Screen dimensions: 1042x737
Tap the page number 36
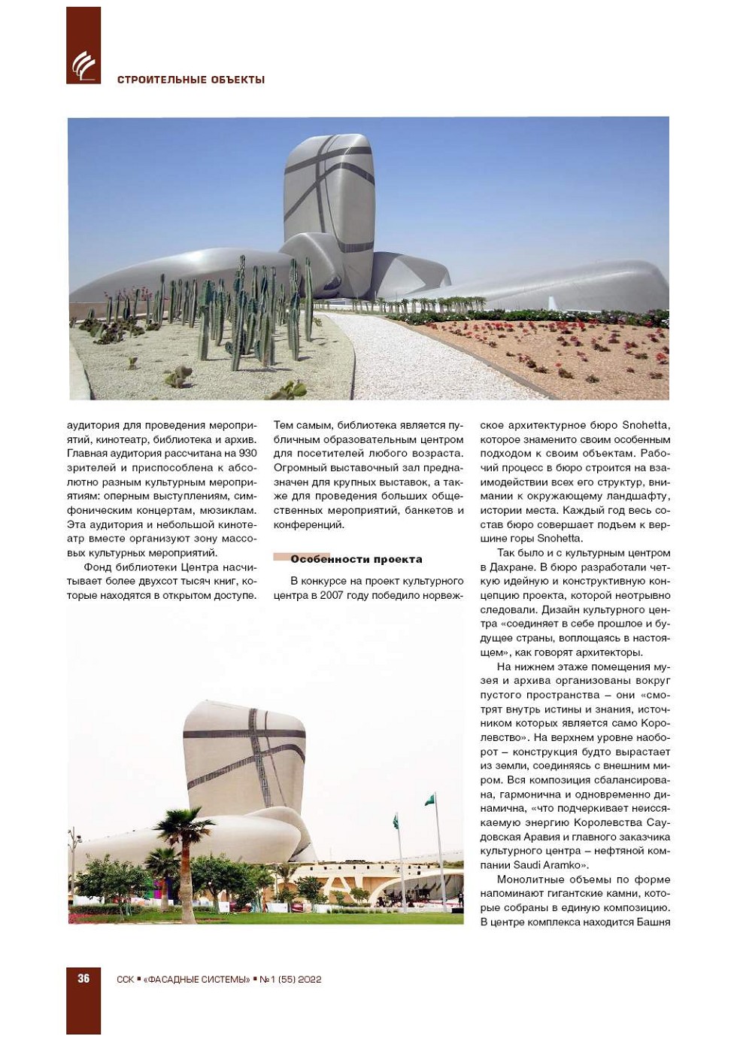click(83, 978)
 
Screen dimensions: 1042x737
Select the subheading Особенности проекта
click(356, 559)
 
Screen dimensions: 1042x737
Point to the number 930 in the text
click(247, 454)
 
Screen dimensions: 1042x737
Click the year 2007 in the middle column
click(332, 595)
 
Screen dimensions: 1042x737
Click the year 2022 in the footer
click(310, 979)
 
